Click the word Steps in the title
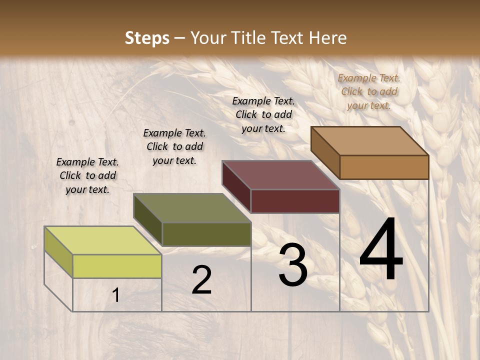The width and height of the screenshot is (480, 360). (x=147, y=38)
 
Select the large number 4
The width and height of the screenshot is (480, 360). (x=381, y=250)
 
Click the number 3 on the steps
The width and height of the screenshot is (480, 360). (x=293, y=265)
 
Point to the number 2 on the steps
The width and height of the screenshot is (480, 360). (x=201, y=280)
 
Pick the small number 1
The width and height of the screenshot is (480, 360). (x=116, y=295)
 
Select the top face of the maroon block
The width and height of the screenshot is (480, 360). (x=280, y=175)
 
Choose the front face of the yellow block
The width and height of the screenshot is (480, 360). (x=117, y=266)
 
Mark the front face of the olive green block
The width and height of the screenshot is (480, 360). (x=206, y=234)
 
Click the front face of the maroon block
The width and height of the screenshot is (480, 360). (x=295, y=201)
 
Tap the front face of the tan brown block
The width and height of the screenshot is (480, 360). (x=384, y=167)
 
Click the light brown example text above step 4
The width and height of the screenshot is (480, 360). (x=369, y=91)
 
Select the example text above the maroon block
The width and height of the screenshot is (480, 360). (x=263, y=114)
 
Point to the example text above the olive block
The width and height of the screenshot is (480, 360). (x=174, y=146)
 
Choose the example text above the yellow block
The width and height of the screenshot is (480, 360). (x=87, y=175)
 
